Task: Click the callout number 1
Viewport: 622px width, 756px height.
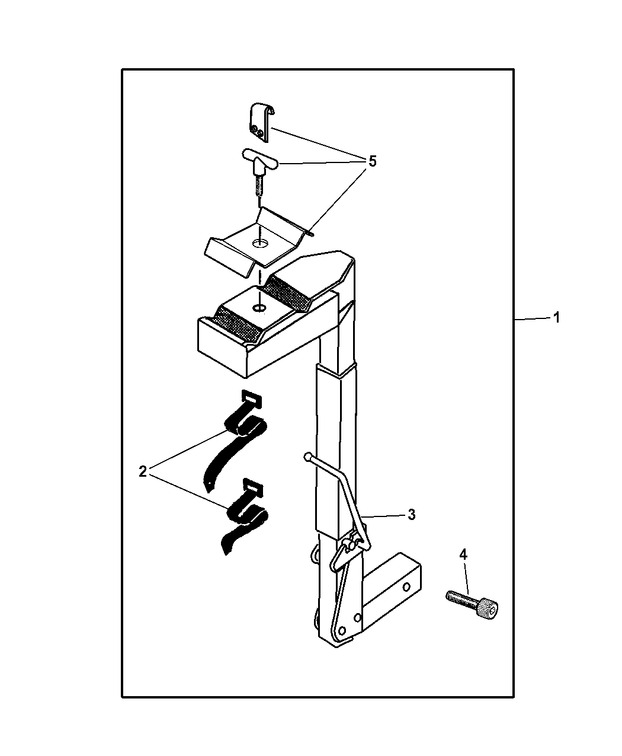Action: click(557, 318)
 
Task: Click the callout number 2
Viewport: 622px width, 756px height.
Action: click(143, 471)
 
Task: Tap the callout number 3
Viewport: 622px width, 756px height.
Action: click(412, 515)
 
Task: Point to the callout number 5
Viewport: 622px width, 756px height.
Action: click(373, 161)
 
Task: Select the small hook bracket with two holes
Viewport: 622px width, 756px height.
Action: click(261, 122)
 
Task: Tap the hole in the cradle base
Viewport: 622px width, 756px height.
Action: click(259, 308)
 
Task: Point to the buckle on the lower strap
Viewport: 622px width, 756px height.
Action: click(253, 487)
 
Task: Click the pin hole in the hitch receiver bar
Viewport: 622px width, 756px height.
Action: click(406, 586)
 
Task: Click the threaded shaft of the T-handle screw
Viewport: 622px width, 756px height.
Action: click(259, 186)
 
